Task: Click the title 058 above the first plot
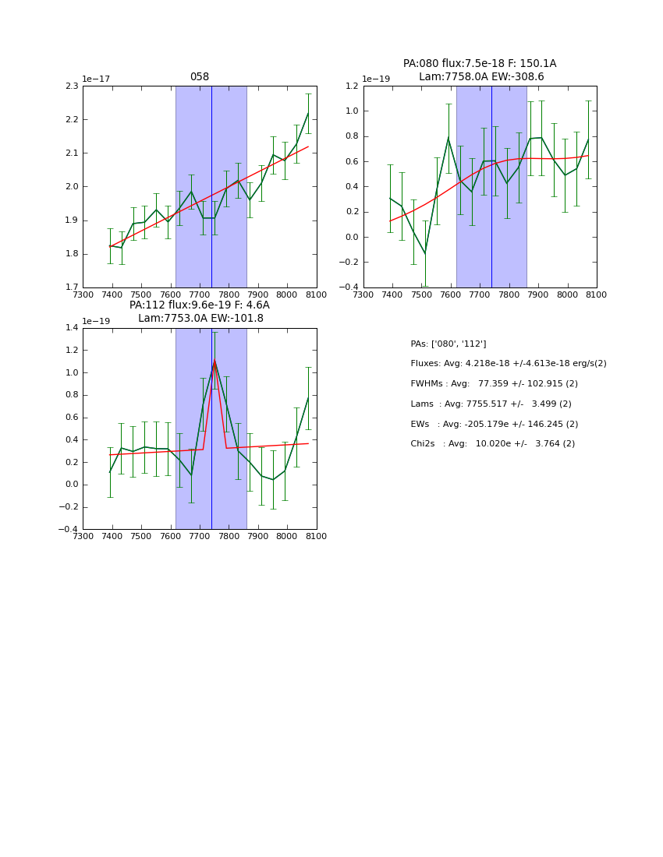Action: click(x=200, y=77)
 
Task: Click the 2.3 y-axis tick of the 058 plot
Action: click(x=72, y=86)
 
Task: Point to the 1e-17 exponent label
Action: click(x=97, y=79)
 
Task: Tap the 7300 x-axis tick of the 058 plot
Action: click(x=83, y=294)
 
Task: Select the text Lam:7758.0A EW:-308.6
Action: click(x=481, y=76)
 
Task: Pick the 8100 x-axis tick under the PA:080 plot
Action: click(x=597, y=294)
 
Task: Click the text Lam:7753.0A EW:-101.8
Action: click(x=200, y=318)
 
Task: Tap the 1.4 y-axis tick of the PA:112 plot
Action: click(x=72, y=328)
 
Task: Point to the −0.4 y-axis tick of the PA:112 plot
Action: click(x=69, y=529)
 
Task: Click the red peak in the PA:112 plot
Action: click(x=214, y=361)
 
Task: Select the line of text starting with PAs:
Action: click(x=448, y=344)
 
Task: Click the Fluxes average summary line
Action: click(x=508, y=364)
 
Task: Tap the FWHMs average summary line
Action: click(x=494, y=383)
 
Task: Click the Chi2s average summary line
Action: click(x=492, y=443)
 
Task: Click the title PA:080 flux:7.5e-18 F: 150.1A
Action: click(x=480, y=64)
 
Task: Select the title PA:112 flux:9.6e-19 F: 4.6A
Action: click(x=200, y=305)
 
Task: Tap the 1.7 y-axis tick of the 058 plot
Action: click(x=72, y=287)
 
